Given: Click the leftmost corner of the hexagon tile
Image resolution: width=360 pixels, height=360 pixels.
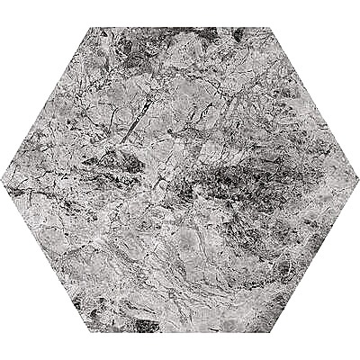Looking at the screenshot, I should click(x=2, y=180).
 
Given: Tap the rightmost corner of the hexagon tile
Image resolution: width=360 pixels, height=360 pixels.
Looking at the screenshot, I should click(x=357, y=180).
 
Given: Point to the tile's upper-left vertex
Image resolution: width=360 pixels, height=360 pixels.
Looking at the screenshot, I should click(x=91, y=26).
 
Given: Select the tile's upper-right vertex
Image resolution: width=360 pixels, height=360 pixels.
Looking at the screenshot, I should click(x=269, y=26).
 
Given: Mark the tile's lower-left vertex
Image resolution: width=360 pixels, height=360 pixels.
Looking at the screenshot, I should click(x=91, y=334).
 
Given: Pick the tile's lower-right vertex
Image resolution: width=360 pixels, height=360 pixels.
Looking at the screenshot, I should click(x=269, y=334).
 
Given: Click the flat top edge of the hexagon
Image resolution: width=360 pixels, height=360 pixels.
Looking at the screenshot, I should click(x=180, y=28).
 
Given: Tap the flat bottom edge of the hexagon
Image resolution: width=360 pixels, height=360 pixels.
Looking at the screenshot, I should click(x=180, y=332).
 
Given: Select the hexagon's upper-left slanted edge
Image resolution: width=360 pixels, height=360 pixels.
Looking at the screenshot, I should click(x=47, y=103).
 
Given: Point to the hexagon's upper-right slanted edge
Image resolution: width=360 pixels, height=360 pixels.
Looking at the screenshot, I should click(x=313, y=103).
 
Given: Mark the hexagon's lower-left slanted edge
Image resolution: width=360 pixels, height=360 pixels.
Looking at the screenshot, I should click(x=47, y=257).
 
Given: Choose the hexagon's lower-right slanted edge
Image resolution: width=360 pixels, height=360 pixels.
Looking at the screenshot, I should click(x=313, y=257).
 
